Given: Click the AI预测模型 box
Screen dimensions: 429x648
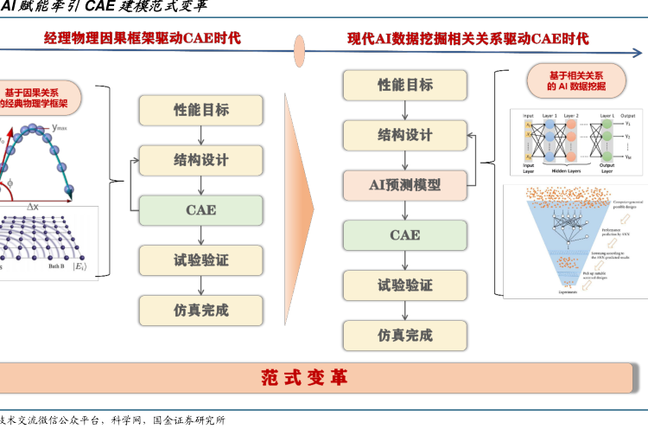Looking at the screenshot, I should click(x=404, y=184).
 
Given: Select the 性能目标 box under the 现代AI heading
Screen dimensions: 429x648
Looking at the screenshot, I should click(x=404, y=85).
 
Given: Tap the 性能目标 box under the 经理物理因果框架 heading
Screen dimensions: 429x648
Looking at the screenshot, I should click(x=200, y=110).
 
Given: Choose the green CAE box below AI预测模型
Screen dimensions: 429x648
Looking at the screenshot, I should click(x=404, y=234).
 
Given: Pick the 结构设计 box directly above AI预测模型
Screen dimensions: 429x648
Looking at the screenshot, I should click(x=404, y=135).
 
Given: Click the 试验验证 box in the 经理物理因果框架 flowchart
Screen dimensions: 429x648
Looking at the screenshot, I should click(x=200, y=259).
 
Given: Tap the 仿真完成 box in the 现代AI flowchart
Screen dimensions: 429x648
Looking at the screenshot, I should click(x=404, y=334).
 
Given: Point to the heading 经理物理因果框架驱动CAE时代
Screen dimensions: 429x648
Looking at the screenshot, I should click(x=143, y=38).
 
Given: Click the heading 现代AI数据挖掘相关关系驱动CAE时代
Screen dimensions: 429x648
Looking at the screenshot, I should click(x=468, y=39).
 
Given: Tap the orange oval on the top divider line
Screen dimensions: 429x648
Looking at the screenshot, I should click(x=300, y=51).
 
